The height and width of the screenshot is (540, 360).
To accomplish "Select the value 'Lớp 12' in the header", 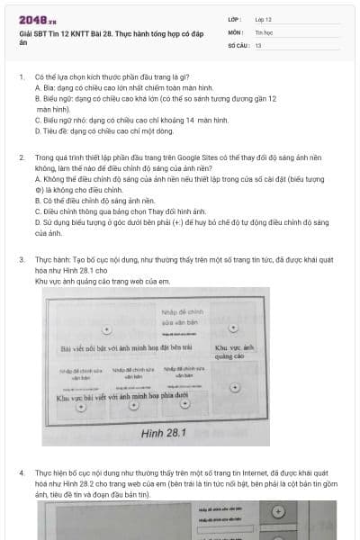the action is tap(264, 18).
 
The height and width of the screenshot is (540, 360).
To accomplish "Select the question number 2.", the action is tap(21, 157).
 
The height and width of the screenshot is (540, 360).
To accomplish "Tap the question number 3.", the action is tap(21, 259).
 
